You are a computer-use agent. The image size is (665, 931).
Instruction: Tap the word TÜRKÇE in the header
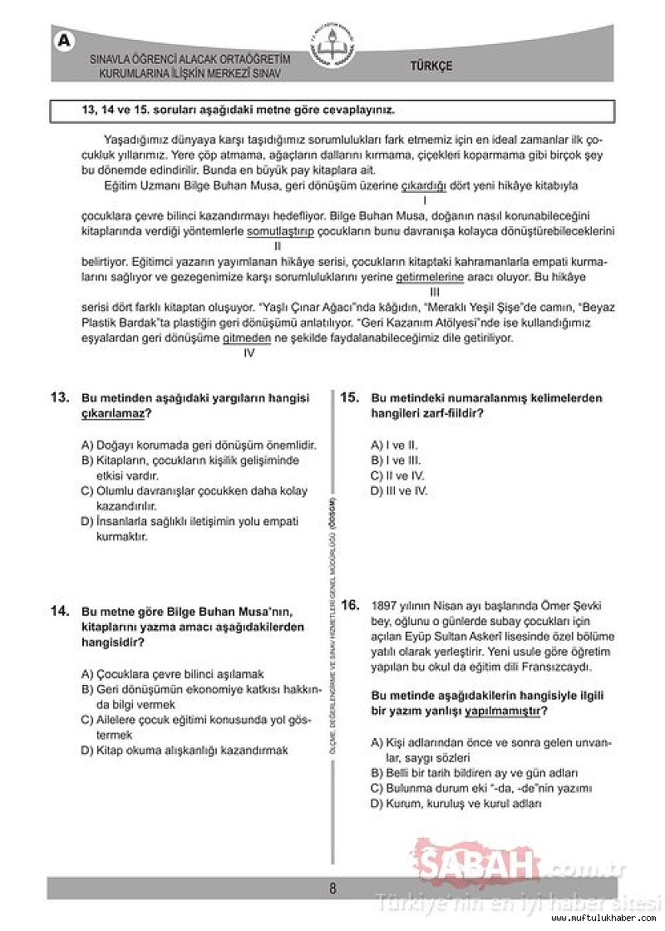click(431, 66)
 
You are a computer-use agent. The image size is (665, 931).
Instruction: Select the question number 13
click(59, 398)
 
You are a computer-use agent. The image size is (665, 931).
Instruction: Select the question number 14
click(59, 611)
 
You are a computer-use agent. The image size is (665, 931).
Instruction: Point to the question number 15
click(350, 398)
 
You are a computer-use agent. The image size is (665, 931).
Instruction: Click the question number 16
click(350, 604)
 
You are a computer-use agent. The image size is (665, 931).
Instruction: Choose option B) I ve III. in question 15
click(396, 461)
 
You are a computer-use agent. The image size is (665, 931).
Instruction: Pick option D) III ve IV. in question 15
click(399, 490)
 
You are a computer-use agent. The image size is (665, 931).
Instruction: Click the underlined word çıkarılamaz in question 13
click(116, 413)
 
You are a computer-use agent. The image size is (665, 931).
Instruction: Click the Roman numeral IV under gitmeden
click(249, 352)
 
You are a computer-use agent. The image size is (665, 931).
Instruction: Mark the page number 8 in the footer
click(332, 888)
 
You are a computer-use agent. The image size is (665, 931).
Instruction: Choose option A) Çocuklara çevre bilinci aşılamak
click(173, 674)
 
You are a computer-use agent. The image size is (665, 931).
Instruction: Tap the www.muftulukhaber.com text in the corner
click(609, 918)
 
